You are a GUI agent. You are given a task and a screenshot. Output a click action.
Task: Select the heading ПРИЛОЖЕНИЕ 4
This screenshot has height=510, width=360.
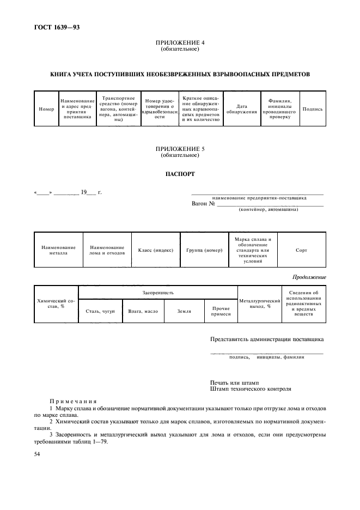pyautogui.click(x=180, y=42)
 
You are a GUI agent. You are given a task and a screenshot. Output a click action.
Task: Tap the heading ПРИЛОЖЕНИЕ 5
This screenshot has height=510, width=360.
pyautogui.click(x=180, y=148)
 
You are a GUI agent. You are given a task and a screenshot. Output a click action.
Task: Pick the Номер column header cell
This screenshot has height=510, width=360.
pyautogui.click(x=47, y=109)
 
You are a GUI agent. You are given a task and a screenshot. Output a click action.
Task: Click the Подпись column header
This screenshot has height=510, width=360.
pyautogui.click(x=313, y=109)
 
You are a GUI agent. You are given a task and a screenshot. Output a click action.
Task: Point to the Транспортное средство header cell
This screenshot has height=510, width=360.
pyautogui.click(x=118, y=109)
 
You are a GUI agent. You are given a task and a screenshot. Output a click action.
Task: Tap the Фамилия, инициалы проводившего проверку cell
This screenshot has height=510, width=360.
pyautogui.click(x=279, y=109)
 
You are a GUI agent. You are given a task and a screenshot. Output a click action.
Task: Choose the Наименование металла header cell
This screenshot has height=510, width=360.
pyautogui.click(x=58, y=250)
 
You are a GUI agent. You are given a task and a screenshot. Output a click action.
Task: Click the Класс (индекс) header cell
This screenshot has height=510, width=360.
pyautogui.click(x=155, y=250)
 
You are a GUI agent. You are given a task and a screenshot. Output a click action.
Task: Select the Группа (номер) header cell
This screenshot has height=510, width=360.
pyautogui.click(x=204, y=250)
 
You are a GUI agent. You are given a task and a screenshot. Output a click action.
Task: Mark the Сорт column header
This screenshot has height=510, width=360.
pyautogui.click(x=301, y=250)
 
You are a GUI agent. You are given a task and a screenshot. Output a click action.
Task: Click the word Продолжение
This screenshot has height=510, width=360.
pyautogui.click(x=309, y=277)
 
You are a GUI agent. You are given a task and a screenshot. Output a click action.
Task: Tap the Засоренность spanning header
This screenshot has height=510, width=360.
pyautogui.click(x=158, y=293)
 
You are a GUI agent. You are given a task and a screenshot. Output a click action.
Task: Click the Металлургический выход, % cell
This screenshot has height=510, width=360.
pyautogui.click(x=259, y=303)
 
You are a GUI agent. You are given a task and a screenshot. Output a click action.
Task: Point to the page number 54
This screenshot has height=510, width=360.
pyautogui.click(x=37, y=454)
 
